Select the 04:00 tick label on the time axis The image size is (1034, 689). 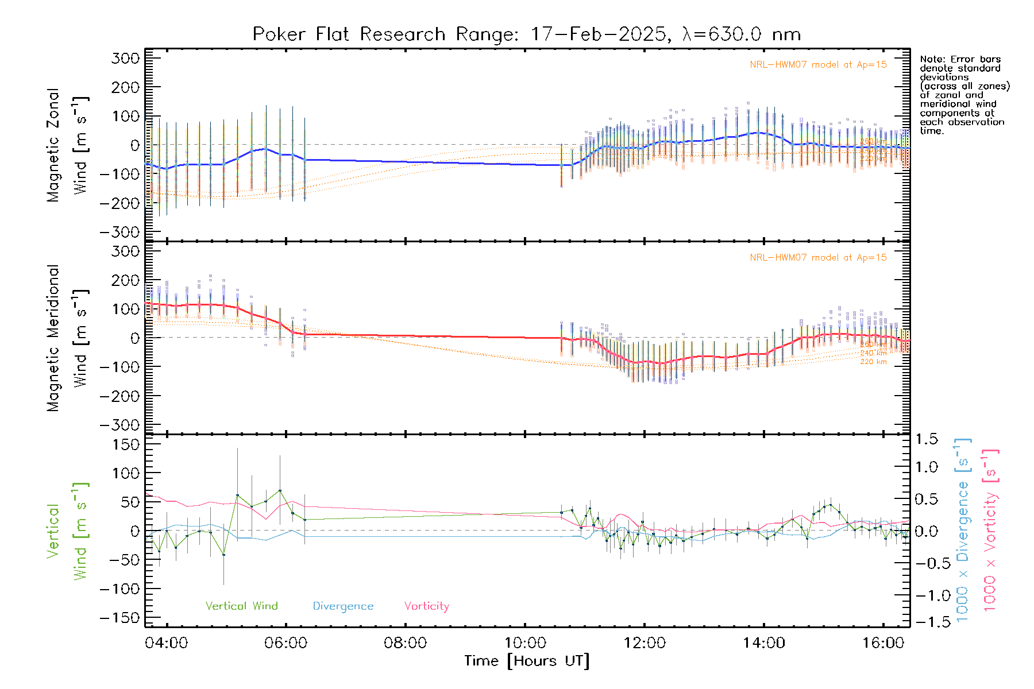point(167,643)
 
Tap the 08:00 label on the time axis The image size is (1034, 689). point(406,643)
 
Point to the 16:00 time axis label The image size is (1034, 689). point(883,643)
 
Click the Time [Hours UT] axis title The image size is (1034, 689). point(527,661)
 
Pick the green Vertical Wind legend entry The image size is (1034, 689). point(241,606)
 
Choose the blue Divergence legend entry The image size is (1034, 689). point(343,606)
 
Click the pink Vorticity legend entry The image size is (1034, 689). point(426,606)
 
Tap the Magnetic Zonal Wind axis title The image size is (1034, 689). point(67,145)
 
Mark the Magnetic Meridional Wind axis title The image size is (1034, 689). point(67,338)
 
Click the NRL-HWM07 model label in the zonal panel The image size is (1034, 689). point(818,65)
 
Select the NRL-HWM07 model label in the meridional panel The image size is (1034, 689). point(818,258)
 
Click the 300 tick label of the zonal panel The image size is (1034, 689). point(125,58)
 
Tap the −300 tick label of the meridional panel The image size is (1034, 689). point(119,425)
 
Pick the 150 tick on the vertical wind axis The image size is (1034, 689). point(125,444)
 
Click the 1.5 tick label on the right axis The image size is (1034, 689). point(927,439)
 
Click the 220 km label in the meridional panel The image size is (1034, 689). point(873,362)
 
